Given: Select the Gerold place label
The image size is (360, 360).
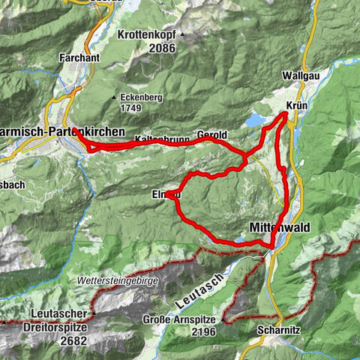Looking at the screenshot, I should pyautogui.click(x=211, y=135).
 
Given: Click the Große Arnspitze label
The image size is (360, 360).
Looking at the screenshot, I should pyautogui.click(x=177, y=319).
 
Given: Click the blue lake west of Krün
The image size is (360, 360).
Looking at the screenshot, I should pyautogui.click(x=256, y=120).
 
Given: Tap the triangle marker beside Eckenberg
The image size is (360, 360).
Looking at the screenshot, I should pyautogui.click(x=113, y=97).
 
